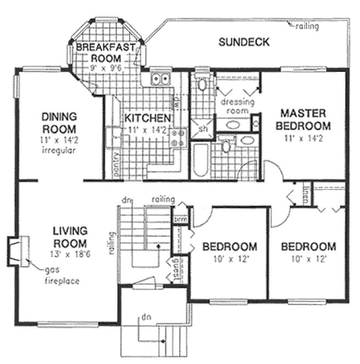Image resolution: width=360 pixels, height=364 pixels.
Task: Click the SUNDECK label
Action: (x=243, y=42)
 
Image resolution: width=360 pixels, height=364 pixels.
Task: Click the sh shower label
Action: (x=203, y=129)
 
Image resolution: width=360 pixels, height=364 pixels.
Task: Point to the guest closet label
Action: (x=178, y=269)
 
